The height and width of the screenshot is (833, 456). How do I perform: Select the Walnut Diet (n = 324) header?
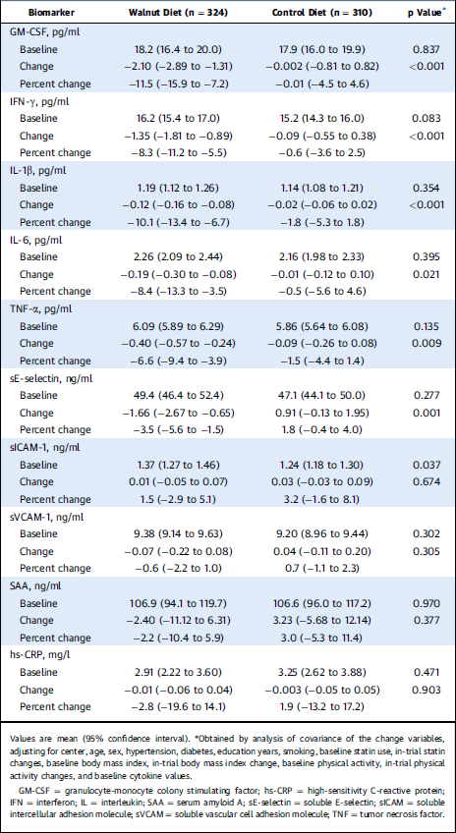point(179,12)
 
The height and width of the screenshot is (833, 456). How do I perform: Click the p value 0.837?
point(427,49)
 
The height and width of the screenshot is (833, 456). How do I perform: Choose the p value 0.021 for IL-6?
point(427,275)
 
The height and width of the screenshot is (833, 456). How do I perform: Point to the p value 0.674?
point(427,481)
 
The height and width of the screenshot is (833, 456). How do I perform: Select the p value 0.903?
point(427,689)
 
